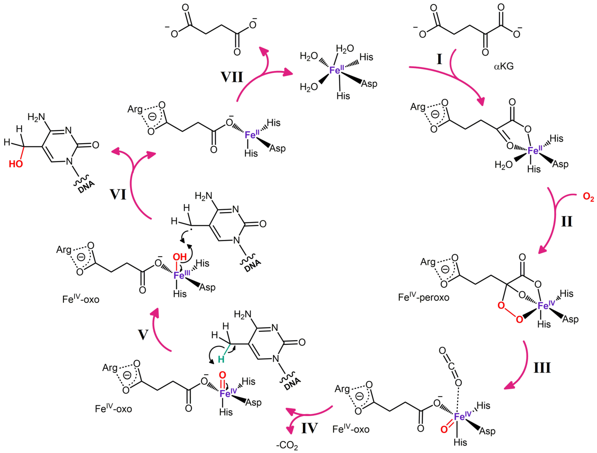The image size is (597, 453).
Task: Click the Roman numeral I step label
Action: point(439,59)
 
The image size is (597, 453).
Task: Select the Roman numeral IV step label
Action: point(309,428)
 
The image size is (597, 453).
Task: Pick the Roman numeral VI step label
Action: point(118,194)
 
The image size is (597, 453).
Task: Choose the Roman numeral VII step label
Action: point(232,77)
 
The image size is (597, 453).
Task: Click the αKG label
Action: point(504,66)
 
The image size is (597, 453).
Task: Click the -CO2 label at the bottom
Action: point(287,445)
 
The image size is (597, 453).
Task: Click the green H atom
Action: point(221,359)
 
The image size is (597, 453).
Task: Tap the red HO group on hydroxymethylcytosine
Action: point(16,164)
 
